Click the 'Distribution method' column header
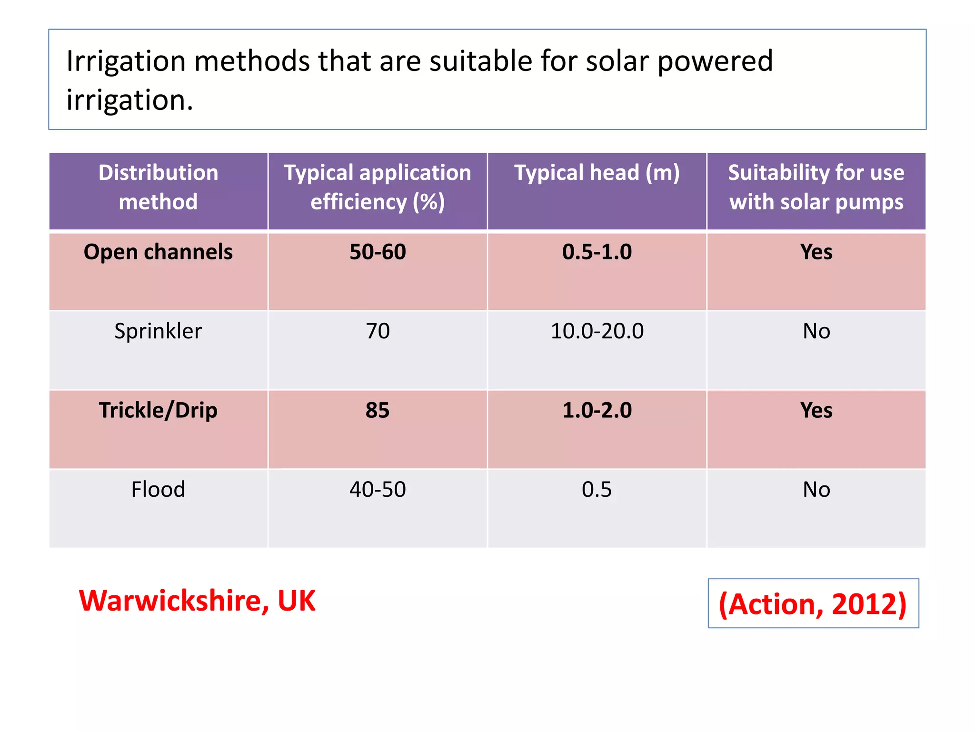pyautogui.click(x=158, y=187)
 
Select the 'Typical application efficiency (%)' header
pyautogui.click(x=378, y=187)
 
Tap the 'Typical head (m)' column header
pyautogui.click(x=597, y=173)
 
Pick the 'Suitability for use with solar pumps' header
pyautogui.click(x=816, y=187)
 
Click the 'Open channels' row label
pyautogui.click(x=158, y=252)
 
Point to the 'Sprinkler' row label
pyautogui.click(x=158, y=331)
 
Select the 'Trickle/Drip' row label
pyautogui.click(x=158, y=410)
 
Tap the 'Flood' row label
pyautogui.click(x=158, y=490)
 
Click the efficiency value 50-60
pyautogui.click(x=378, y=252)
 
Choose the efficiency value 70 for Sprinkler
pyautogui.click(x=378, y=331)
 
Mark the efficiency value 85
pyautogui.click(x=378, y=410)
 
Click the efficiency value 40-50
pyautogui.click(x=378, y=490)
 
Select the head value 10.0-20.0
pyautogui.click(x=597, y=331)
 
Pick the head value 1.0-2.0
pyautogui.click(x=597, y=410)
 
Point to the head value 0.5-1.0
pyautogui.click(x=597, y=252)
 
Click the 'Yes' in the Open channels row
pyautogui.click(x=816, y=252)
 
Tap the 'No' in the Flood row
pyautogui.click(x=816, y=490)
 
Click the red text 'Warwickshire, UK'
pyautogui.click(x=197, y=601)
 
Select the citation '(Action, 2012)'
pyautogui.click(x=813, y=604)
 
